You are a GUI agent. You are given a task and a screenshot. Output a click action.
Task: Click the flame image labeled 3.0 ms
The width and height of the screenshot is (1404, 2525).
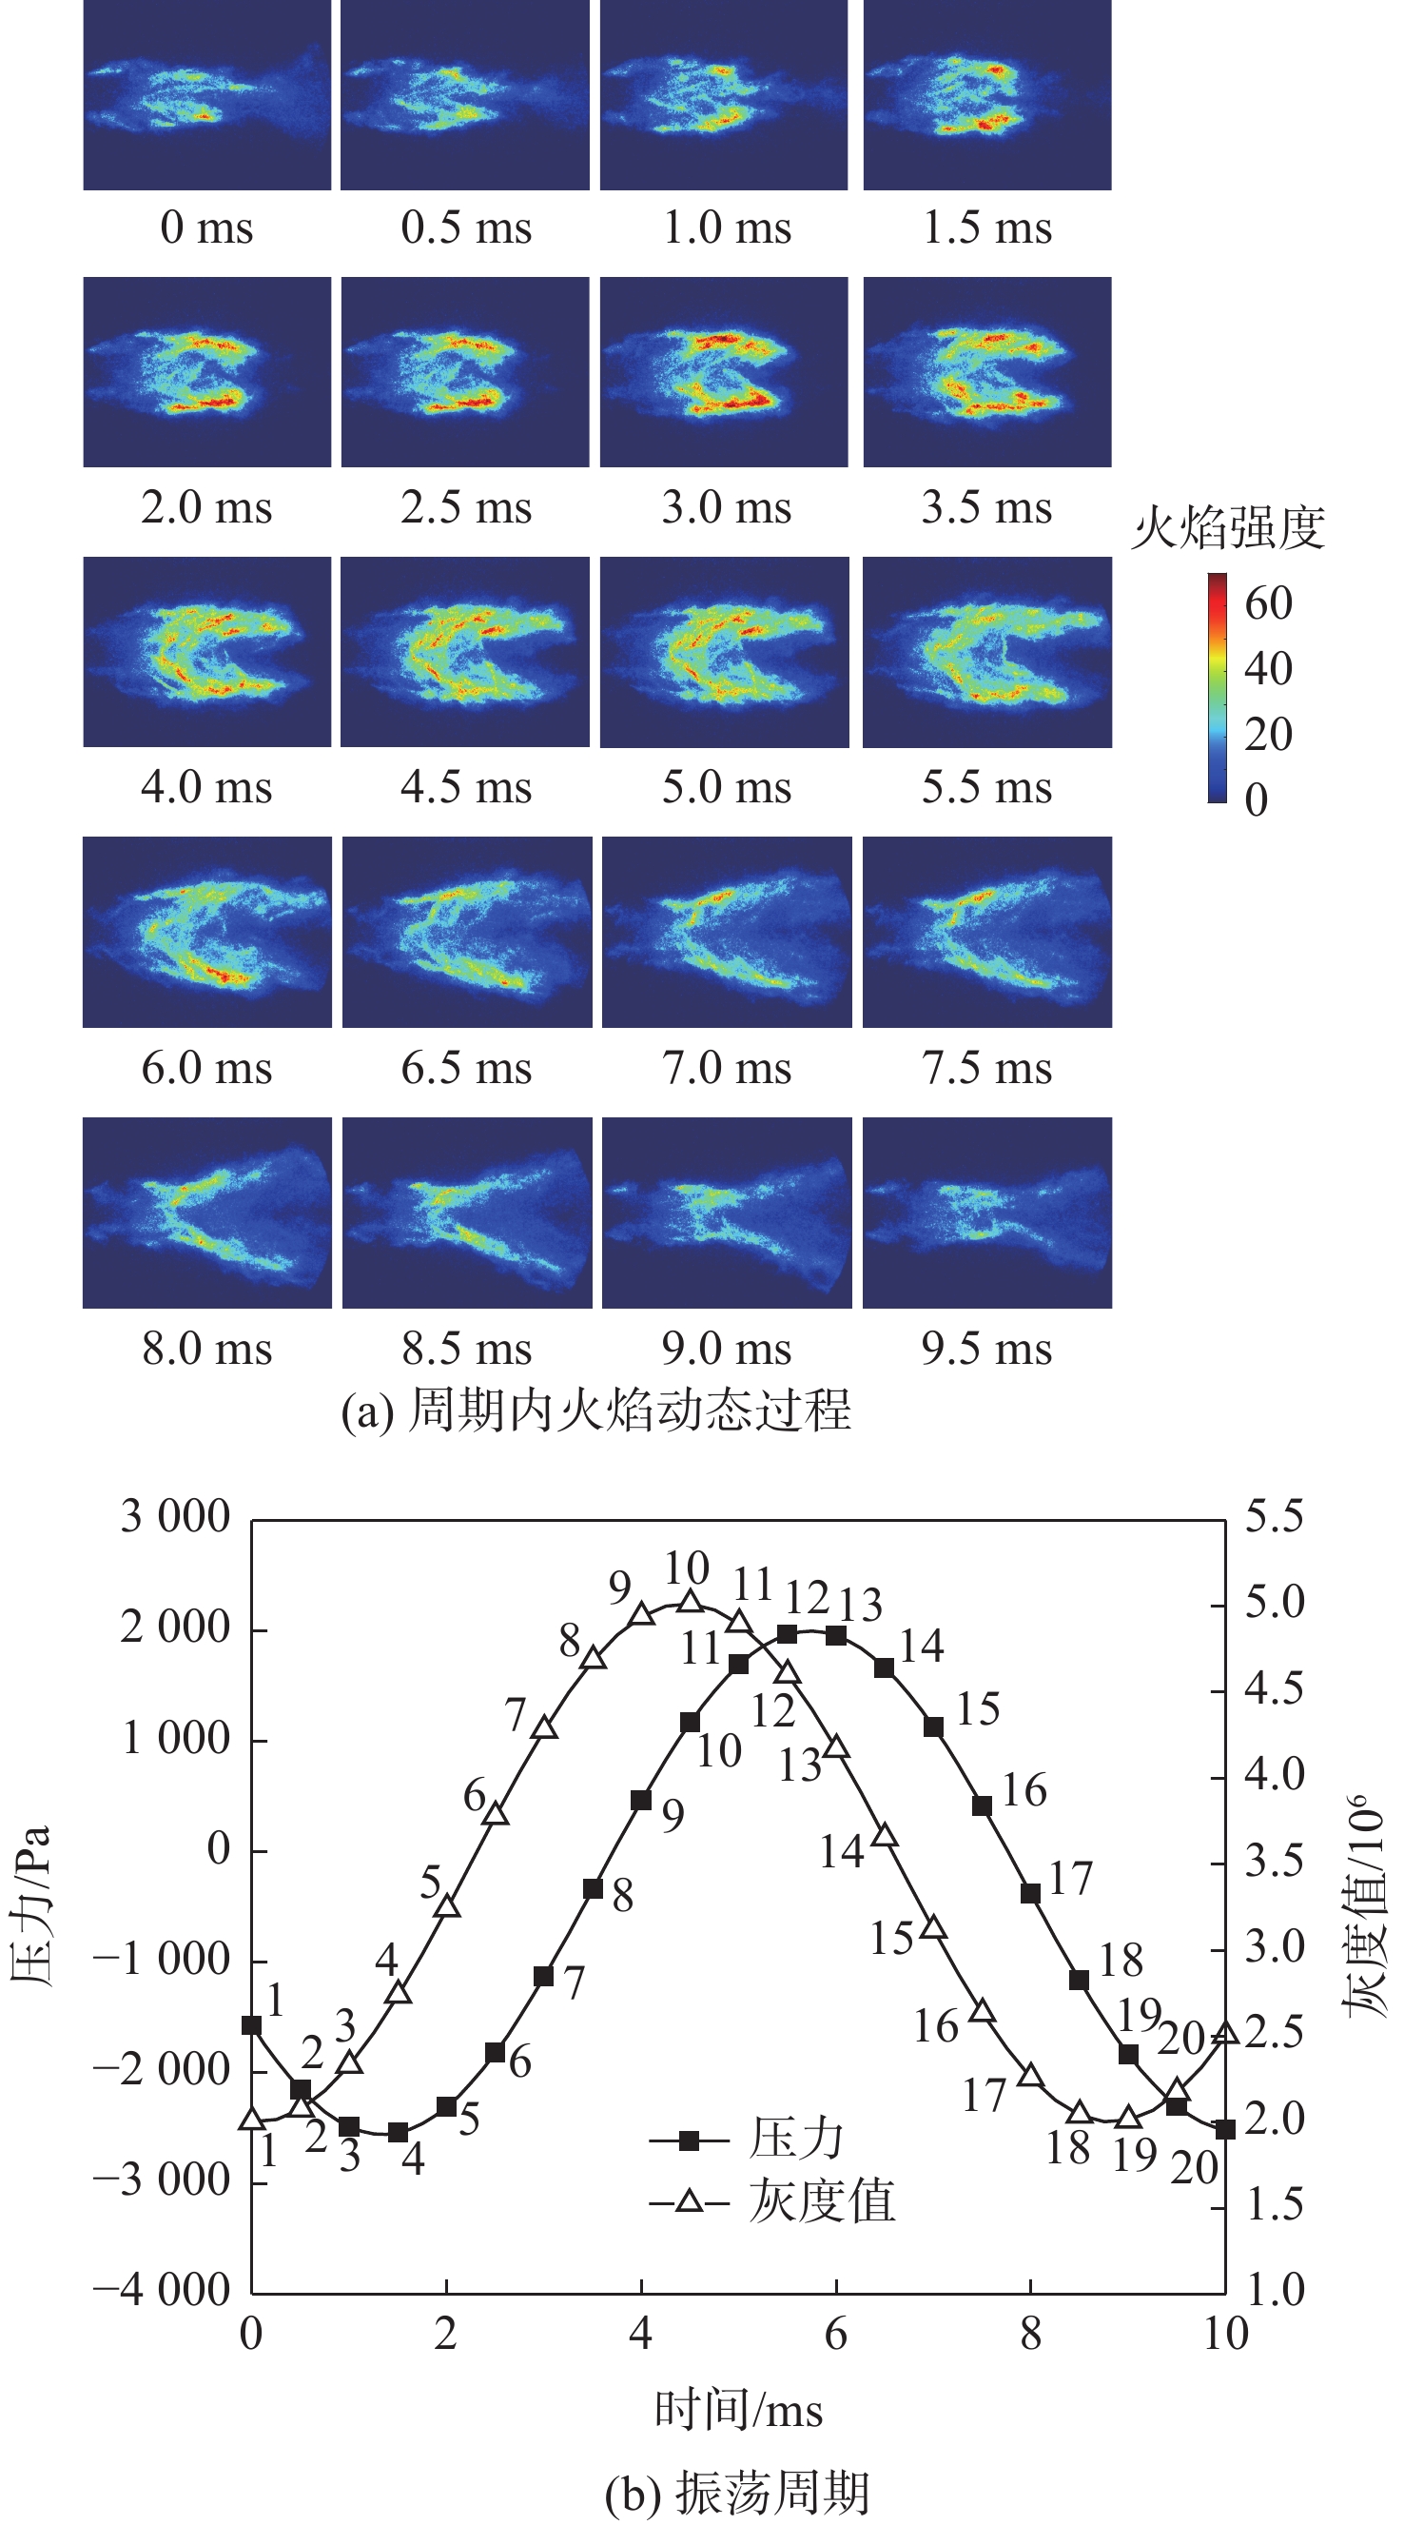click(724, 371)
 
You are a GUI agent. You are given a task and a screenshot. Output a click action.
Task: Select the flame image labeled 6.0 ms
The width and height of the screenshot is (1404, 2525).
click(206, 931)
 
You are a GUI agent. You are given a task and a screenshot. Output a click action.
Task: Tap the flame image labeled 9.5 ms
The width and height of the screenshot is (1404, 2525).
click(986, 1213)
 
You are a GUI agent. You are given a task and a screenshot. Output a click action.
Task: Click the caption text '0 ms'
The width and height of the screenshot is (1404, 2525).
click(206, 227)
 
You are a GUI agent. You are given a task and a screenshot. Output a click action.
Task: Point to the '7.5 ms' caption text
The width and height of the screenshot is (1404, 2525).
click(986, 1068)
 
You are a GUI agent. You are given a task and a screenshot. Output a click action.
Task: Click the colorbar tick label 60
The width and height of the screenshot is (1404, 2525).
click(1269, 602)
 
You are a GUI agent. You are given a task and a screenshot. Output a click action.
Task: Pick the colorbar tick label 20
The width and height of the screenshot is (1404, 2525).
click(1269, 734)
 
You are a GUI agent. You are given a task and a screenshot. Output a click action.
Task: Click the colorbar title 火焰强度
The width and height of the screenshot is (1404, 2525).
click(1229, 528)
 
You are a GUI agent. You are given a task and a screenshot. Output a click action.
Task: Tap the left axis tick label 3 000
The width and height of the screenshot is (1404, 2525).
click(175, 1516)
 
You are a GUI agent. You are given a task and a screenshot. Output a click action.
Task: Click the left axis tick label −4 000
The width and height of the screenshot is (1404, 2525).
click(162, 2290)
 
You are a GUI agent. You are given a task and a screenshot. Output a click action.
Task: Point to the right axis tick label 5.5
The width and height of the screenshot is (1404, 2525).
click(1275, 1516)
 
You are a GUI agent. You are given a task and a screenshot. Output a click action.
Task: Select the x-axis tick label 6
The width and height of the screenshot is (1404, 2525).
click(836, 2334)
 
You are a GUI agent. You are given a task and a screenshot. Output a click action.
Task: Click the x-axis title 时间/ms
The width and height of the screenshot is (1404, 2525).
click(739, 2409)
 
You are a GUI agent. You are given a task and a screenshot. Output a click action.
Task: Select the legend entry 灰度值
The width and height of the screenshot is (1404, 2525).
click(821, 2200)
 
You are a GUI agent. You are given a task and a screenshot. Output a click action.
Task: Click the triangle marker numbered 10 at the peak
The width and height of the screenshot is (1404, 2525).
click(691, 1602)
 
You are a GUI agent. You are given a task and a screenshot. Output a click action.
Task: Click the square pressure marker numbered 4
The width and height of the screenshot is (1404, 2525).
click(398, 2132)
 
